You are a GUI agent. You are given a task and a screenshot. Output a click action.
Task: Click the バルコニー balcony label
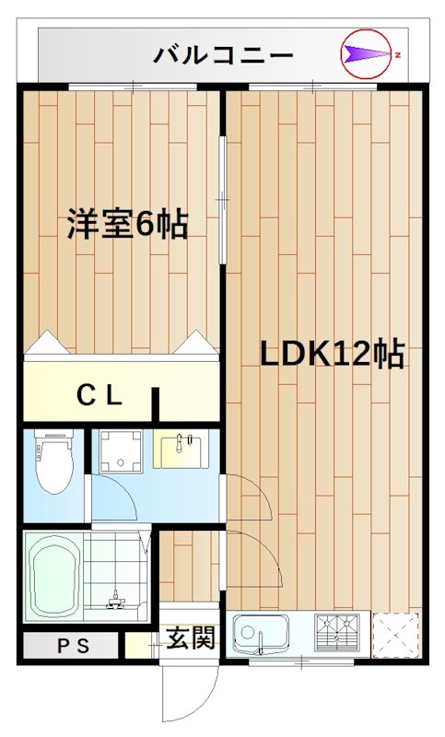pyautogui.click(x=224, y=55)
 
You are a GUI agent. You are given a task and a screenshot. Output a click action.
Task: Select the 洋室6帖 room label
pyautogui.click(x=127, y=224)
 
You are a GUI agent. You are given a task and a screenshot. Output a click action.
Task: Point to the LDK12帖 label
pyautogui.click(x=331, y=353)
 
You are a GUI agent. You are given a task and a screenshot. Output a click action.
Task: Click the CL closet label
pyautogui.click(x=99, y=396)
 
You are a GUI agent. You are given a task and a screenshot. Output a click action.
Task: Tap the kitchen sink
pyautogui.click(x=260, y=635)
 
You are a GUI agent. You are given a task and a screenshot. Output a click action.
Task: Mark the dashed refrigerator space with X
pyautogui.click(x=396, y=635)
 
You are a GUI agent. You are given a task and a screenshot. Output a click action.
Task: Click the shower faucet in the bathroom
pyautogui.click(x=115, y=601)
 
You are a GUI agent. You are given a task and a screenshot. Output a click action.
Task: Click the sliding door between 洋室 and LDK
pyautogui.click(x=222, y=199)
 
